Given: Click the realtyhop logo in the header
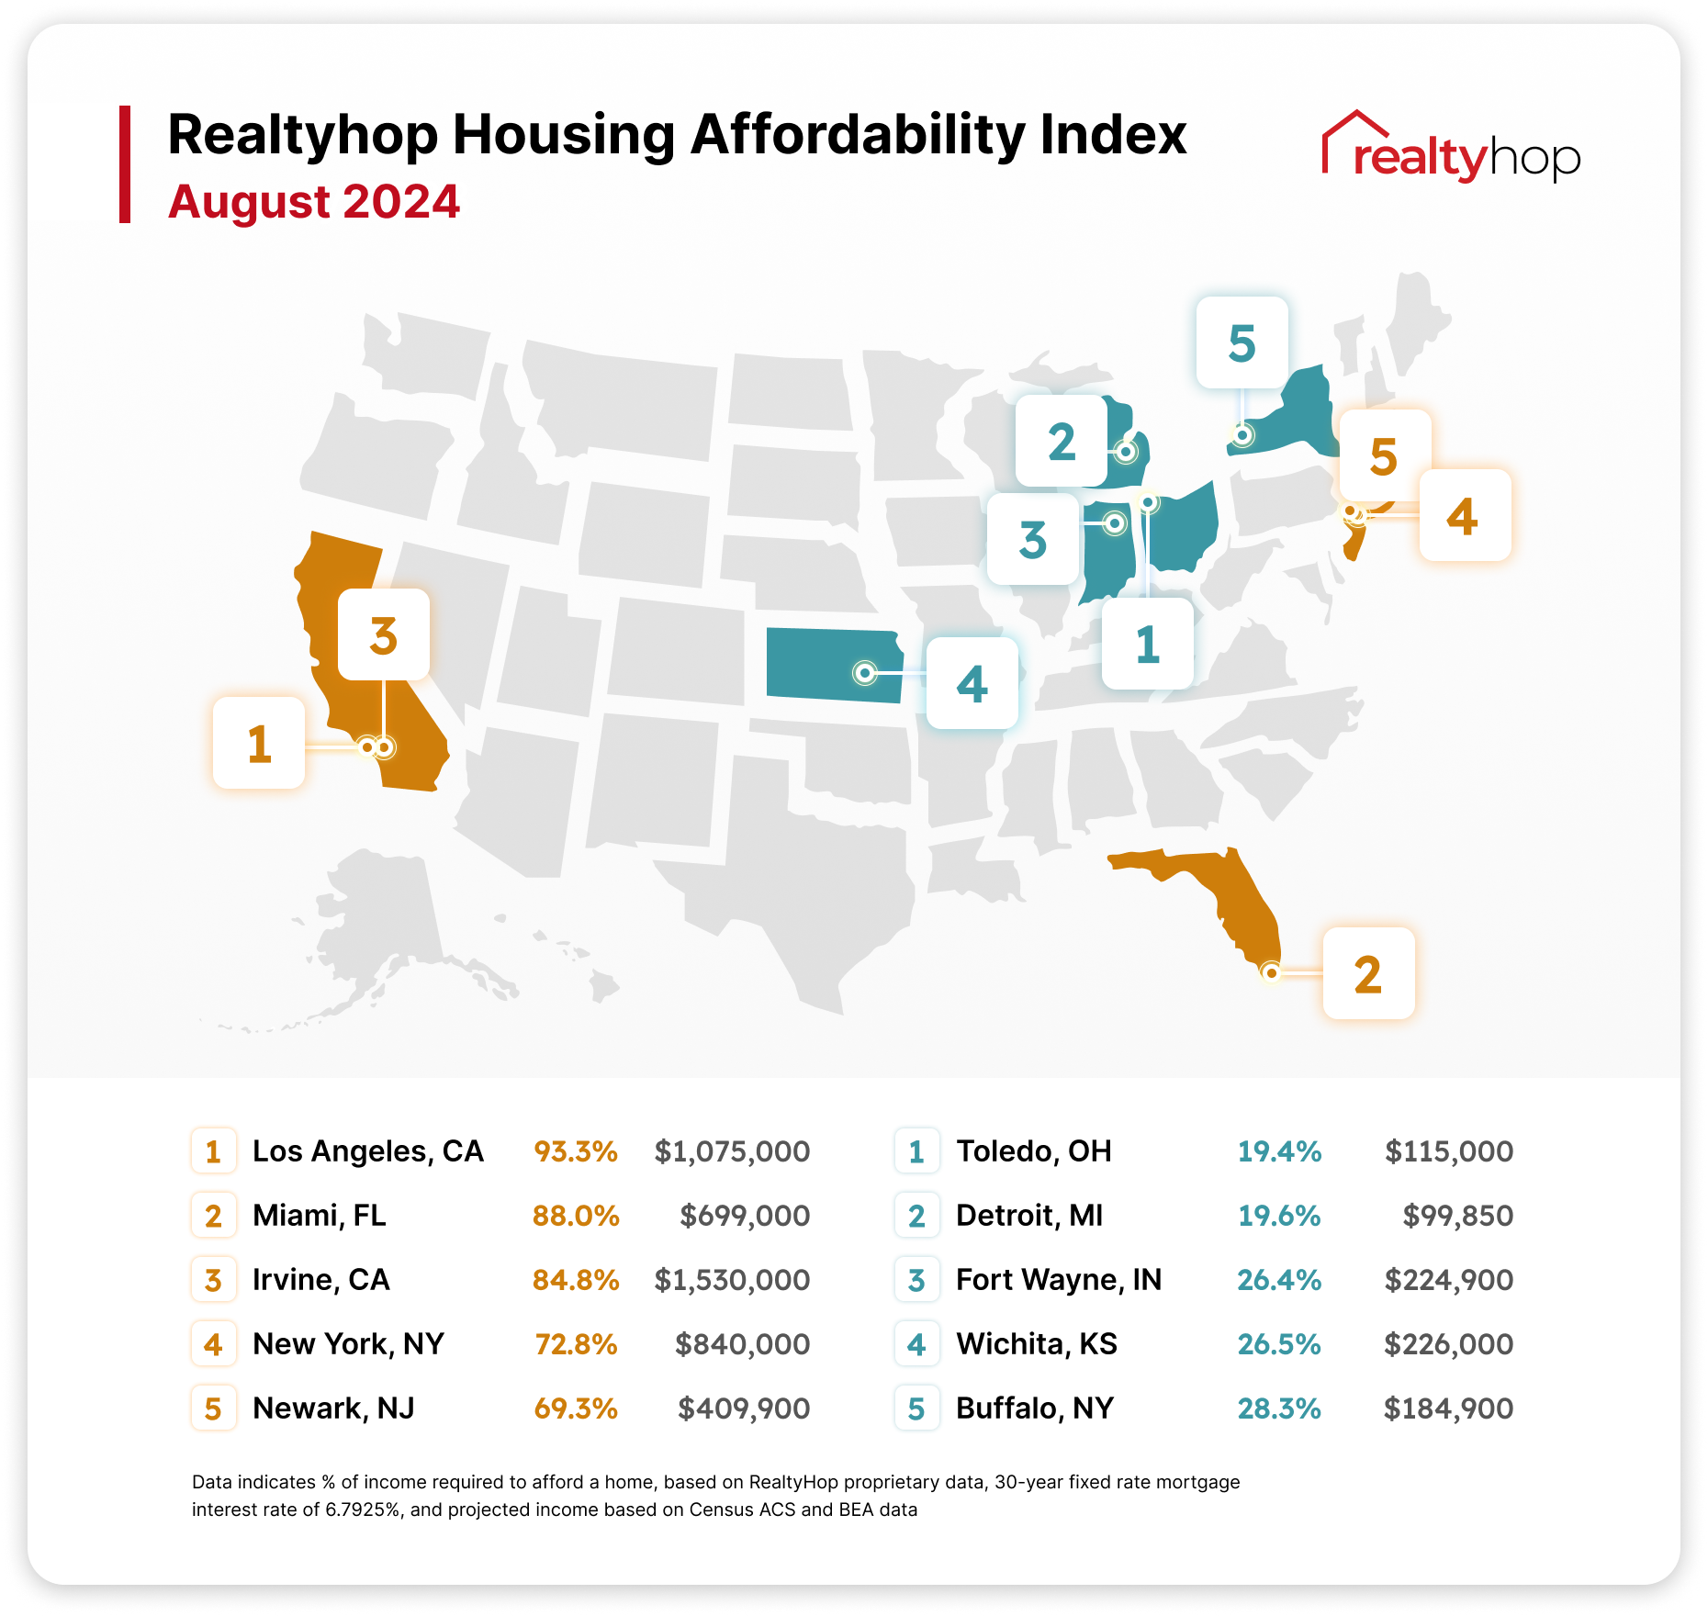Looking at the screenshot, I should pos(1451,149).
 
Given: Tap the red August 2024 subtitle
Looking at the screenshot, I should pos(313,202).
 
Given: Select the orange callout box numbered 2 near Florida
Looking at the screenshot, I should pos(1368,973).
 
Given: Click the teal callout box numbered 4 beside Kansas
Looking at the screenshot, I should pos(972,683).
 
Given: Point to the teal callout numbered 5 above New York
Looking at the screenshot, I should pos(1242,342).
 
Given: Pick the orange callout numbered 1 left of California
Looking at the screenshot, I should pos(259,743).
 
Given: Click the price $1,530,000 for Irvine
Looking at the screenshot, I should pos(732,1280).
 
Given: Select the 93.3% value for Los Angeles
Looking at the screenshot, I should pos(576,1151).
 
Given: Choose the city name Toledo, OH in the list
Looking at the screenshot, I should pos(1034,1151).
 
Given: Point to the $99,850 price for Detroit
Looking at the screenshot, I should pos(1457,1216).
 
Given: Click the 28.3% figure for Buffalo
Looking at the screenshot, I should pos(1279,1408).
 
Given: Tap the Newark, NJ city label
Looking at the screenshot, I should pos(333,1408).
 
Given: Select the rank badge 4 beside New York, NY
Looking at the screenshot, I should pos(213,1344).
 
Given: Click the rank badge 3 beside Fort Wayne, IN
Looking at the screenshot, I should pos(916,1280).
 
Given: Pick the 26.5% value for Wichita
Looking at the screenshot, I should pos(1279,1344).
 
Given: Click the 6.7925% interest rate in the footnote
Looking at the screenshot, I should pos(363,1509).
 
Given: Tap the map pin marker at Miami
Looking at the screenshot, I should pos(1271,972).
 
